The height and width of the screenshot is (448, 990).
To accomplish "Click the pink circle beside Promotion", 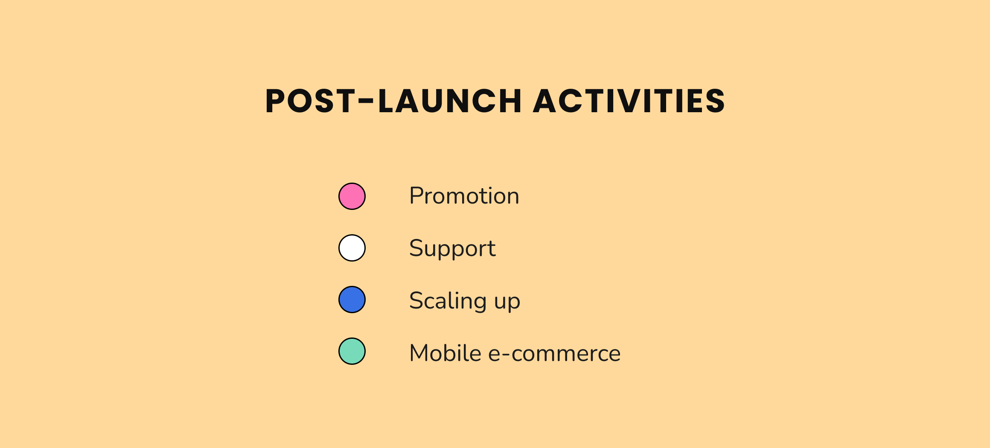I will (x=352, y=196).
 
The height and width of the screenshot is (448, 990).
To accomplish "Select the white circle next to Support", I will (x=352, y=248).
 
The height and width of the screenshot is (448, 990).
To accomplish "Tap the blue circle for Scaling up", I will (x=352, y=300).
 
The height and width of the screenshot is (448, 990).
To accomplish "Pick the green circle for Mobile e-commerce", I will (x=352, y=351).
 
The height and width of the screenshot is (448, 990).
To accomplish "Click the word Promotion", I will (x=464, y=196).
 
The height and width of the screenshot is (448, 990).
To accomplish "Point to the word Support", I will (x=452, y=248).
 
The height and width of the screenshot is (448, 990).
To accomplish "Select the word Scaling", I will (x=448, y=301).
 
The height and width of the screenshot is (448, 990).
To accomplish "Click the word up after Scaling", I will (x=507, y=302).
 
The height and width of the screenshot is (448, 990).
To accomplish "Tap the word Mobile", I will (x=445, y=353).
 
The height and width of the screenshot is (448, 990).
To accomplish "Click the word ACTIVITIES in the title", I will (x=629, y=101).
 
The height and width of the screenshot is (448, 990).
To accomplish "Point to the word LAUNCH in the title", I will (x=450, y=101).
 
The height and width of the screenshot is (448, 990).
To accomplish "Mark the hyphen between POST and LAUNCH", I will (x=366, y=102).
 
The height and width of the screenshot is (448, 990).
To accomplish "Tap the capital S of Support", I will (x=416, y=248).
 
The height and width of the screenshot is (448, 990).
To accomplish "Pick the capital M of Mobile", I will (x=419, y=353).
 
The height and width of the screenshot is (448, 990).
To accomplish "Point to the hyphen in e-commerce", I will (x=507, y=354).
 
